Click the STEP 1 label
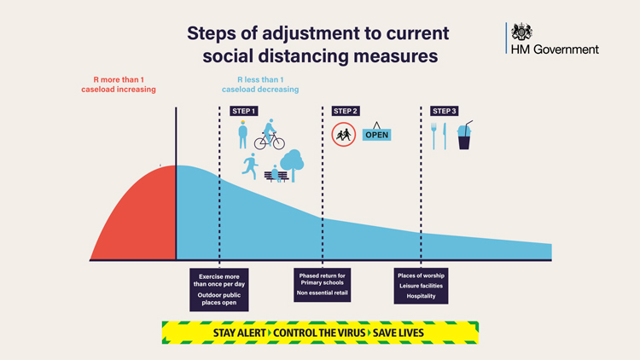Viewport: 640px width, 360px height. pos(244,111)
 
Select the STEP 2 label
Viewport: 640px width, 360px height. pos(346,111)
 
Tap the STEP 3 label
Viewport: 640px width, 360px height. pos(444,111)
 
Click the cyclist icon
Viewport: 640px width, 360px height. pos(270,135)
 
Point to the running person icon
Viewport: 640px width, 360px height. pos(250,166)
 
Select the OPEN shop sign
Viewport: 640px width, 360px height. pos(376,132)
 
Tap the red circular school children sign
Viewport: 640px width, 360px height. pos(344,135)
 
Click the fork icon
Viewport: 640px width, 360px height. pos(433,136)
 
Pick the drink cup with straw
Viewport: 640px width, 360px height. pos(464,136)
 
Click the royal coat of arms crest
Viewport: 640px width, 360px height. pos(521,32)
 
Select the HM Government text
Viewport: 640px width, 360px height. pos(555,49)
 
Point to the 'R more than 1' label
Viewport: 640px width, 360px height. pos(119,79)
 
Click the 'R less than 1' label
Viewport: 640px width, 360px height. pos(260,79)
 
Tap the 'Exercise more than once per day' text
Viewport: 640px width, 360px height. pos(219,281)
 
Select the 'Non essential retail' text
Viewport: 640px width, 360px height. pos(322,293)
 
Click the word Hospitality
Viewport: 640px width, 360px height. pos(421,296)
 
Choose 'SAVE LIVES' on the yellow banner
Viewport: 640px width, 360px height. pos(399,333)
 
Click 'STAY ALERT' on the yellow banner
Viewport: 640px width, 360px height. pos(240,333)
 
